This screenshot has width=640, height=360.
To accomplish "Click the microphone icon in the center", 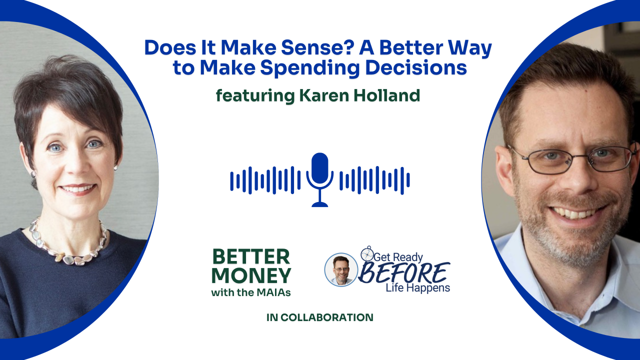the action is pos(319,179).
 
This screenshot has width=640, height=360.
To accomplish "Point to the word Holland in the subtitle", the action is pos(387,95).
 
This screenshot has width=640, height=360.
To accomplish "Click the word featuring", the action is pos(255,96).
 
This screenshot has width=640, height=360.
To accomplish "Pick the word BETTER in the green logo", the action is pos(251,256).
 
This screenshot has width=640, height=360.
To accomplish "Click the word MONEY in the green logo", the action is pos(251,275).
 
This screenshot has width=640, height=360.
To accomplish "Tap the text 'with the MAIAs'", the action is pos(251,292).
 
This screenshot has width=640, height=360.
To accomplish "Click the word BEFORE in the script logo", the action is pos(403,273).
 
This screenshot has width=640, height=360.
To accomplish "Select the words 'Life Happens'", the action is pos(417,287).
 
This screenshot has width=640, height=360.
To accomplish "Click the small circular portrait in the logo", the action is pos(341,269).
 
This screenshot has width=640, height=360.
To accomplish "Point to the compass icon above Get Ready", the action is pos(367,253).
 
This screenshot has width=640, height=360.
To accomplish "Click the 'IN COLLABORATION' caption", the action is pos(319,317).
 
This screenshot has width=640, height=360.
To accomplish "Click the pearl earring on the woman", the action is pos(115,167).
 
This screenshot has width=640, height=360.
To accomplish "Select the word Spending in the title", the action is pos(309,68).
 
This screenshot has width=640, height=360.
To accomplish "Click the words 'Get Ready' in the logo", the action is pos(398,257).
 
